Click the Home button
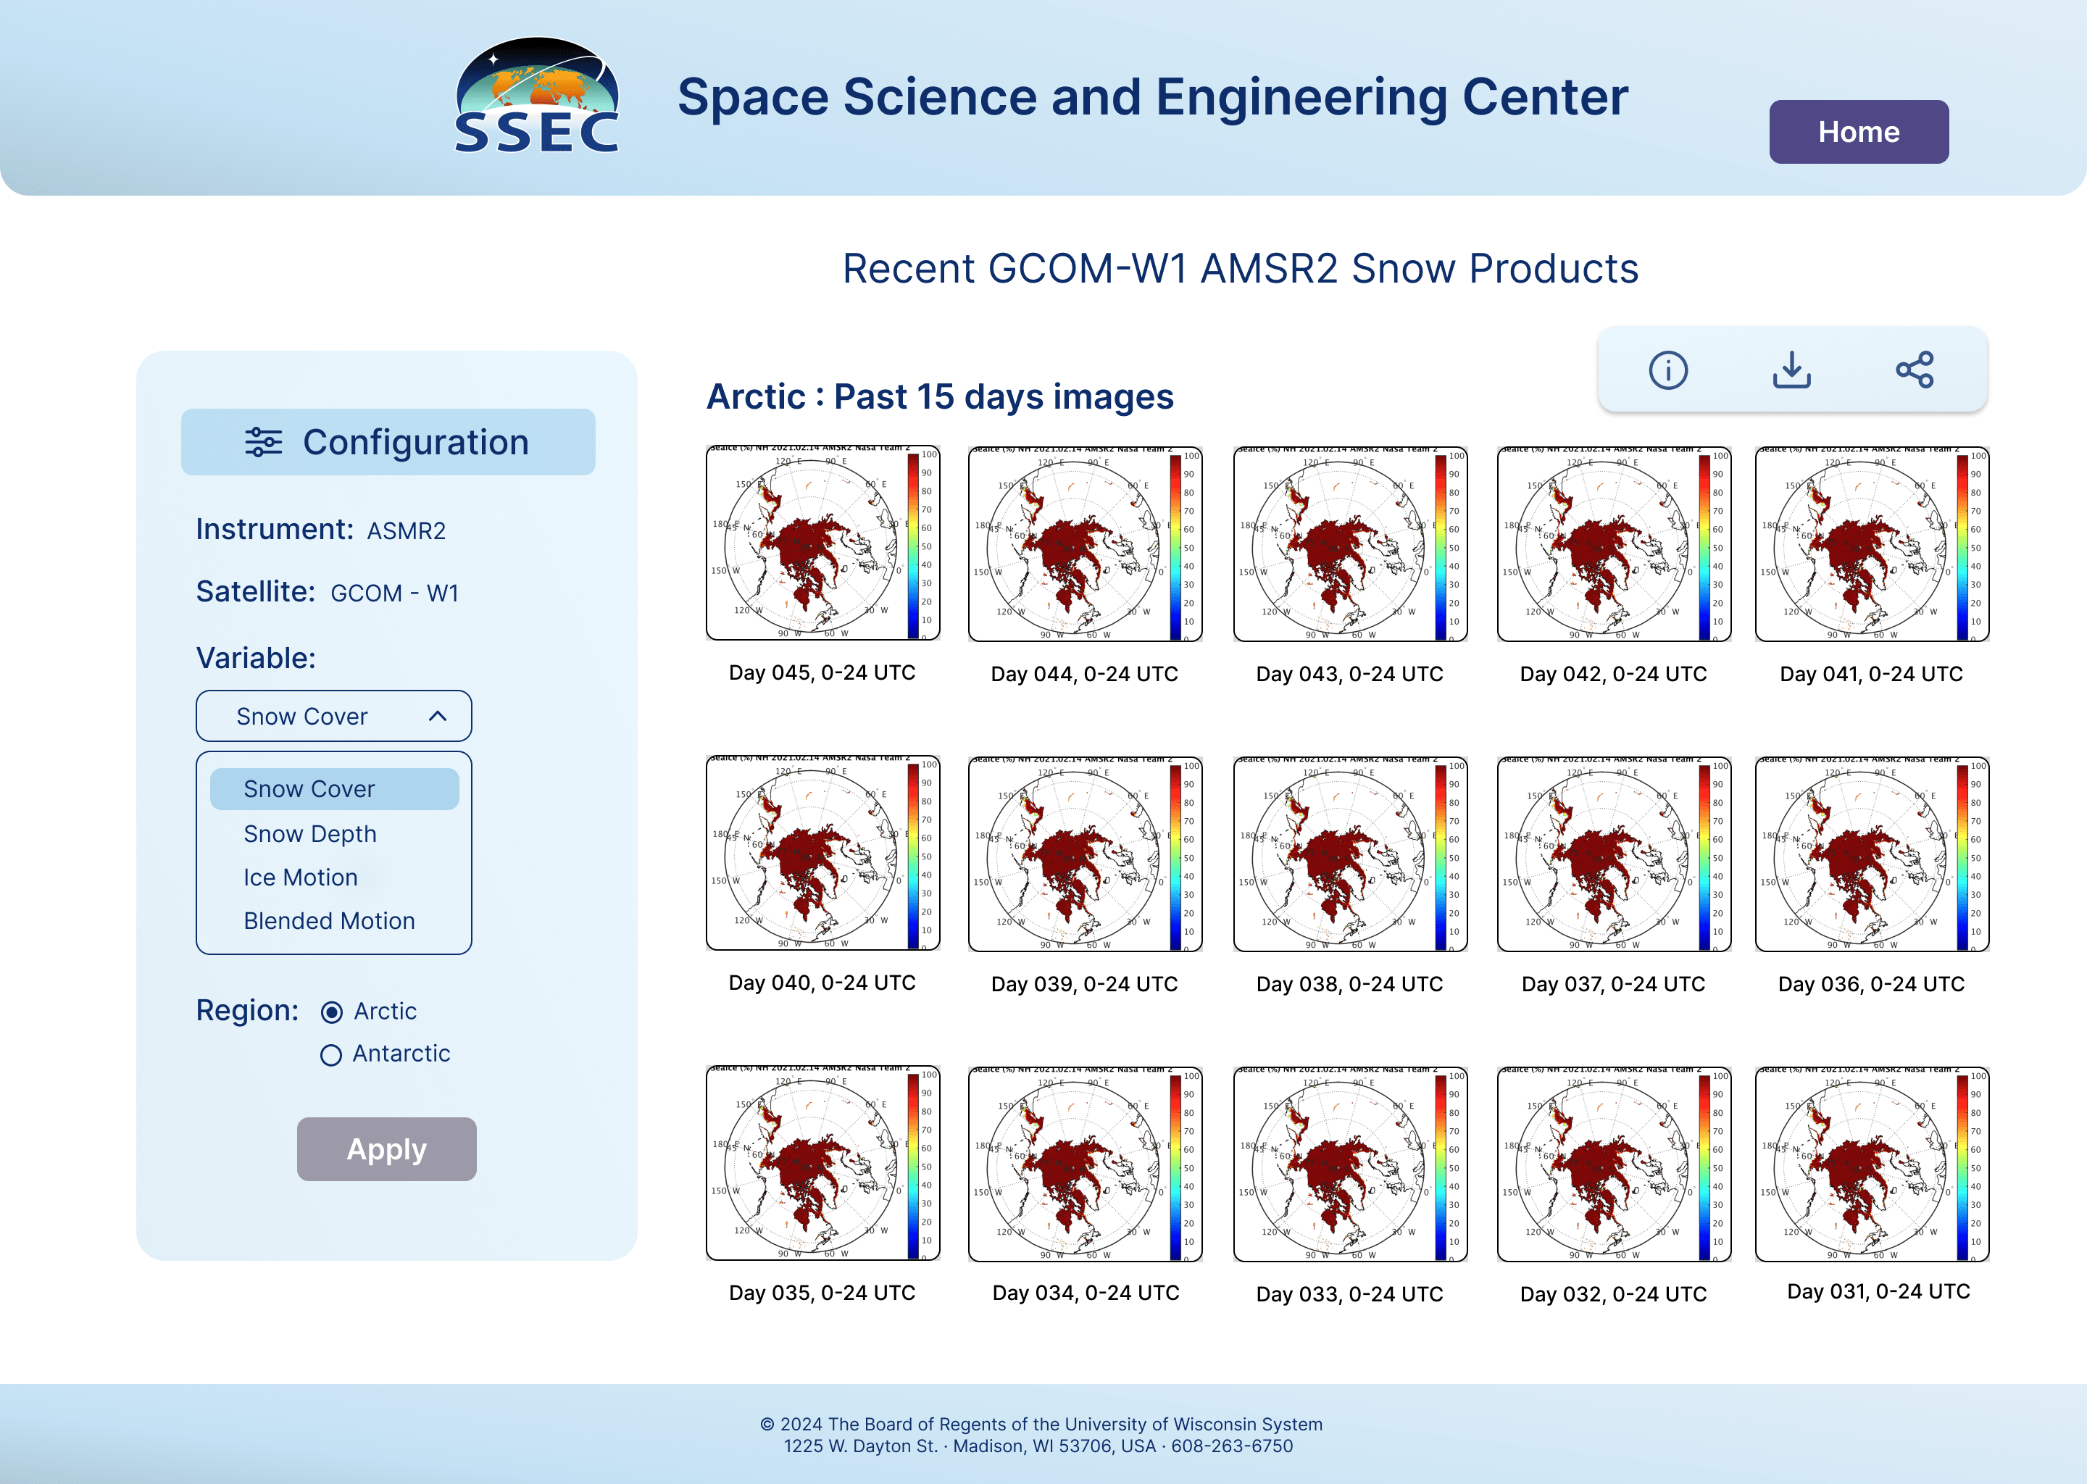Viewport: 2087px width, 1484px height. click(1858, 132)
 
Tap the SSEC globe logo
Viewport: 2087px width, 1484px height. click(537, 95)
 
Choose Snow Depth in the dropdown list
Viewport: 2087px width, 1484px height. click(309, 833)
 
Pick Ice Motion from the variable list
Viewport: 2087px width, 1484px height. click(301, 878)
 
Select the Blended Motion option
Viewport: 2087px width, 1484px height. click(329, 921)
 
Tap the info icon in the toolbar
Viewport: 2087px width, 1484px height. click(1667, 370)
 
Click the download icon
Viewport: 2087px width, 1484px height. click(1791, 370)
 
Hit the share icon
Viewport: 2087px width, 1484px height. click(1915, 370)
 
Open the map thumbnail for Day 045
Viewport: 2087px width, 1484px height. click(822, 543)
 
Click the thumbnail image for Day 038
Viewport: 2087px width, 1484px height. click(1349, 854)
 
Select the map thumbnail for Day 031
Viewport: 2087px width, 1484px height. click(1871, 1163)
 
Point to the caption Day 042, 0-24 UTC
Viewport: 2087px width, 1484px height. click(1613, 675)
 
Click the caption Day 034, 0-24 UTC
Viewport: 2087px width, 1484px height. click(1086, 1293)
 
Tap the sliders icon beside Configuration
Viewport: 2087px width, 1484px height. click(263, 442)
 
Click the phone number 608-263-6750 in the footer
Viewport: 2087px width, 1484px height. click(1232, 1446)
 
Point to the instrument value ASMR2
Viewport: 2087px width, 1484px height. click(406, 531)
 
